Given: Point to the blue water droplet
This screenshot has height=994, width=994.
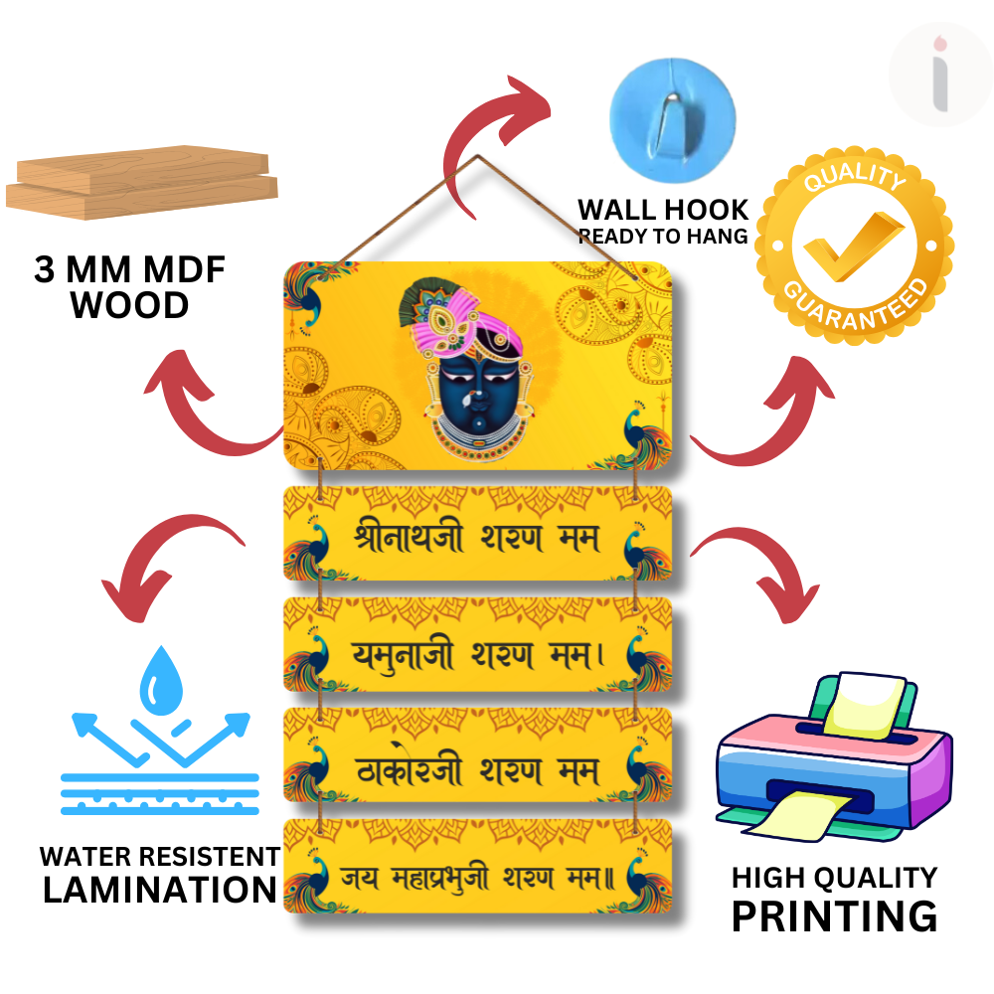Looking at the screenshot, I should [158, 680].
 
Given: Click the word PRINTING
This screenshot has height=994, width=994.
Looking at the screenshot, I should [834, 915].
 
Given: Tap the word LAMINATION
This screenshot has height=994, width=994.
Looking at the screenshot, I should [160, 890].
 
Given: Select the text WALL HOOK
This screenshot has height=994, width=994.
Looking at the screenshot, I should [663, 210].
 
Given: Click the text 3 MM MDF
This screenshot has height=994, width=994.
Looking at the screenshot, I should [129, 270].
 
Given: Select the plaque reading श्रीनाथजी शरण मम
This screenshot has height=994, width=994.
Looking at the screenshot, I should [477, 535].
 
